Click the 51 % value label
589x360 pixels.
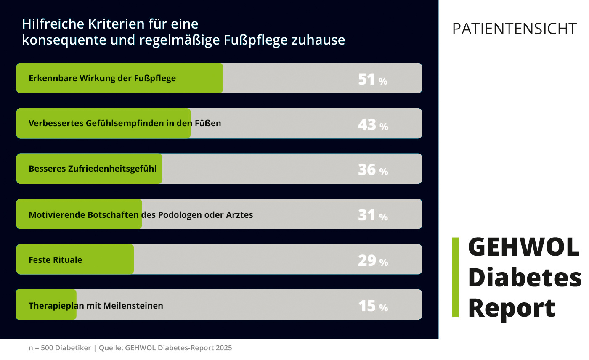(372, 79)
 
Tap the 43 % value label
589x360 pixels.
(373, 125)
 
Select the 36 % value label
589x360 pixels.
(373, 170)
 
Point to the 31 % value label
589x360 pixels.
(373, 215)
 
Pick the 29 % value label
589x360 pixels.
(373, 261)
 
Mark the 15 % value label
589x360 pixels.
(373, 306)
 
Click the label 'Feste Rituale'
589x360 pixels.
(55, 260)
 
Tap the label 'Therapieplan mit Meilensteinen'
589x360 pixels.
(96, 306)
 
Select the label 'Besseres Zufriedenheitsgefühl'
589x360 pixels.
(93, 169)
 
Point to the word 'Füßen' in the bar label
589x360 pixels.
(208, 124)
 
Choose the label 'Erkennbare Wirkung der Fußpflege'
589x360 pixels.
(102, 78)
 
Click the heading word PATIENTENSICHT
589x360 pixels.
(514, 29)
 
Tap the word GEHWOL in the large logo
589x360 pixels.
(523, 247)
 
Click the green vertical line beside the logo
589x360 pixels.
(455, 277)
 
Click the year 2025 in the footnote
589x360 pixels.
(223, 348)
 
